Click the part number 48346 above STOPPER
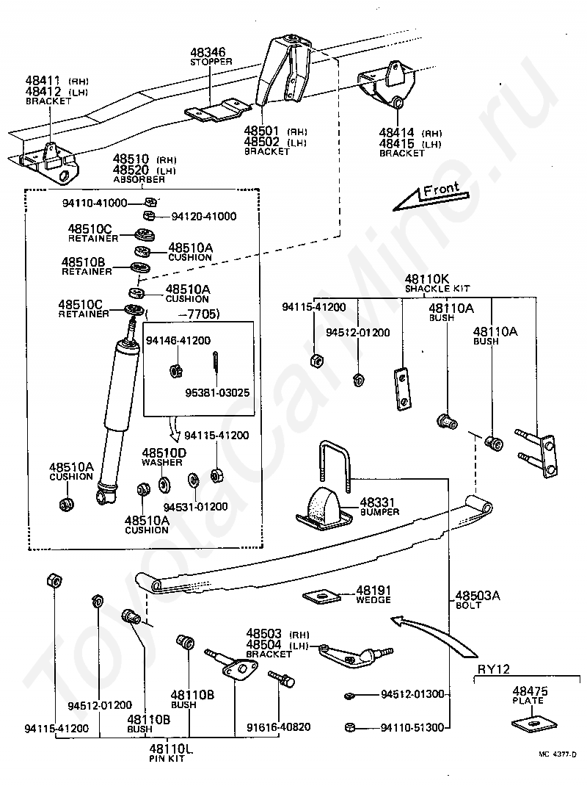208,51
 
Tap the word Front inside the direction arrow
441,190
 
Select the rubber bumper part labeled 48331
323,509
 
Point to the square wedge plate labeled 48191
321,596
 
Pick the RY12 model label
493,668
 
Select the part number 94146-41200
178,341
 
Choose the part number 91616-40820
279,726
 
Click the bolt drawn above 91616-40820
282,679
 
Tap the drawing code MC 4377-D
558,768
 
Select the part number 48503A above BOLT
478,596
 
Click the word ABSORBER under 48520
139,179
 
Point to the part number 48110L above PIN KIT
171,749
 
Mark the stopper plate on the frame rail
218,109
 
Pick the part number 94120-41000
204,216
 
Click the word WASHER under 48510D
161,462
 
